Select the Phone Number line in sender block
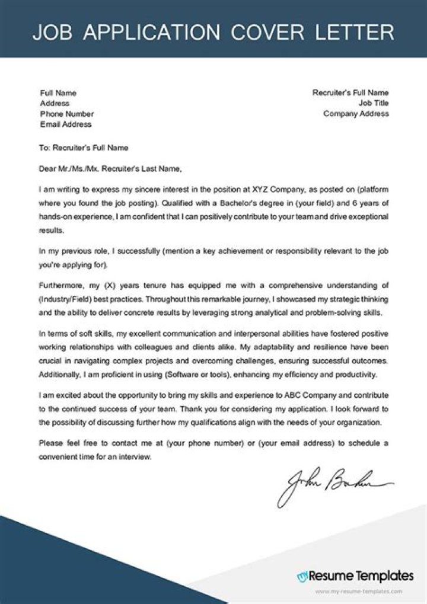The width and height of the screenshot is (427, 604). [x=66, y=114]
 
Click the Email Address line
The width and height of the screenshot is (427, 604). [x=66, y=124]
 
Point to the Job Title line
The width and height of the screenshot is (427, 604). [x=374, y=103]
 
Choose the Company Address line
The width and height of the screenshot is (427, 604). [x=356, y=114]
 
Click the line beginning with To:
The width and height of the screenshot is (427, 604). [x=83, y=148]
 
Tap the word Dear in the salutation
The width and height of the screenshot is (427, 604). [x=46, y=168]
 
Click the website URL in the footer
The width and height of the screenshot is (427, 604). [x=358, y=591]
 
